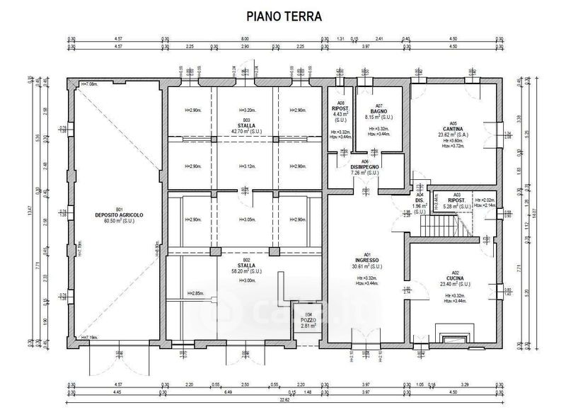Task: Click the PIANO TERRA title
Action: point(283,15)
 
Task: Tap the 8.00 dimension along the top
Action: point(245,40)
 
